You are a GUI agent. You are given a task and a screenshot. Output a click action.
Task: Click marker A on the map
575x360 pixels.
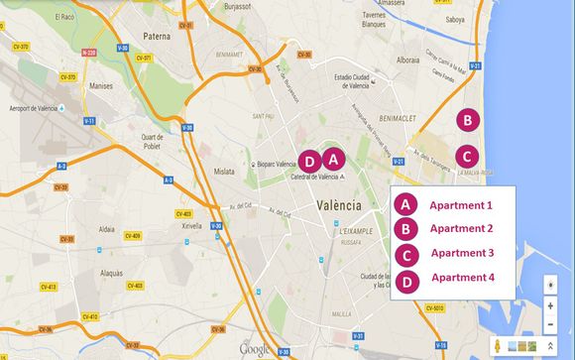tap(332, 158)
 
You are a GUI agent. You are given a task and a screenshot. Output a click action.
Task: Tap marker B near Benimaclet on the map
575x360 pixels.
tap(468, 120)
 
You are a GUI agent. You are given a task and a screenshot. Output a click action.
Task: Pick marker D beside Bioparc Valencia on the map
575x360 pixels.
tap(309, 160)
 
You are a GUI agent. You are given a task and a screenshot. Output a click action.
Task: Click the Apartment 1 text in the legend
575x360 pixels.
tap(460, 205)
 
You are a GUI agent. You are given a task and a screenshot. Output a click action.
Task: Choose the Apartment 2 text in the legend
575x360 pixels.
tap(460, 229)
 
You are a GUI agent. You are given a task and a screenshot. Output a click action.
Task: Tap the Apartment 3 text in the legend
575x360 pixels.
tap(462, 253)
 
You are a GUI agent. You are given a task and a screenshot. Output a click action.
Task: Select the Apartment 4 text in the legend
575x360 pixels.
tap(462, 277)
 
